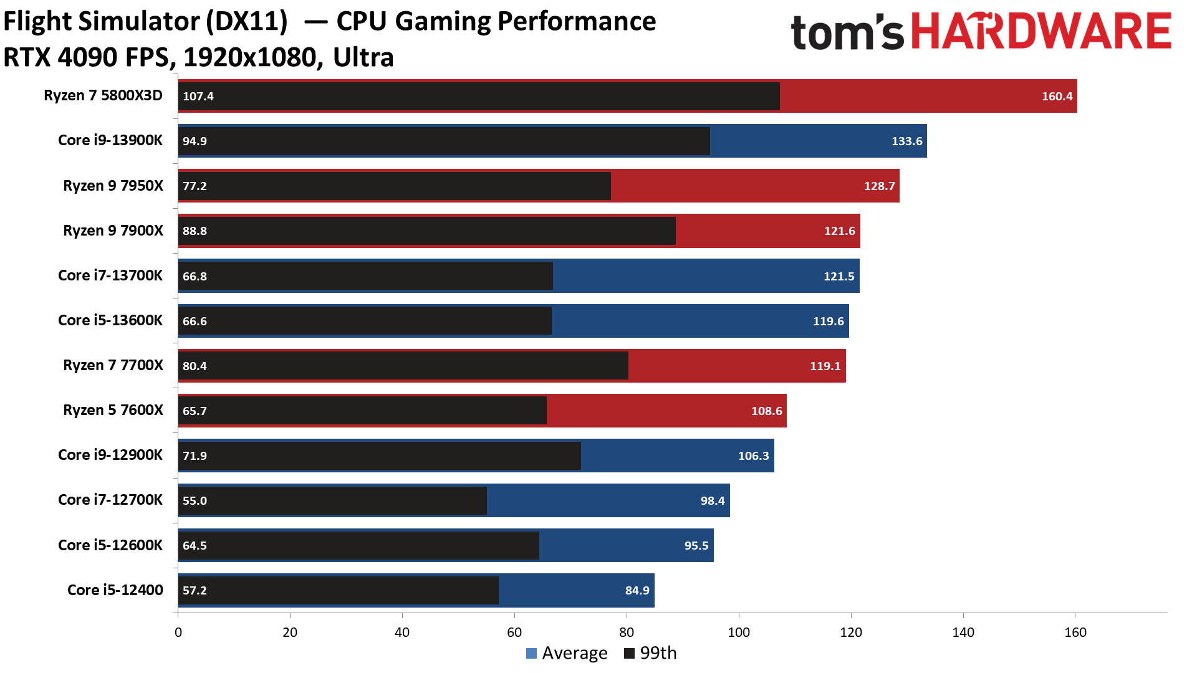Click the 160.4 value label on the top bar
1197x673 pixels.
[1057, 96]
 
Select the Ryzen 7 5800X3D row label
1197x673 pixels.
[103, 95]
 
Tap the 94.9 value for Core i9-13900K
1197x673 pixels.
[195, 141]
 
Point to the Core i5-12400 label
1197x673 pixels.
[115, 590]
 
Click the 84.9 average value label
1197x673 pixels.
[637, 590]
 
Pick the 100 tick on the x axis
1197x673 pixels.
[739, 632]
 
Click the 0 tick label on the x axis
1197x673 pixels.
[178, 632]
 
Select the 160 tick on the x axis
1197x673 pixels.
[1075, 632]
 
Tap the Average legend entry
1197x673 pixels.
[567, 653]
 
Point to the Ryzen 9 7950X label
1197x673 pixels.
[113, 186]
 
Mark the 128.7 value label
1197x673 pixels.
[879, 186]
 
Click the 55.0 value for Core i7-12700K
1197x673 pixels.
[195, 500]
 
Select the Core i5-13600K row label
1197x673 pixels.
[110, 320]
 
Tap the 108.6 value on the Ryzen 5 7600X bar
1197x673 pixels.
[766, 411]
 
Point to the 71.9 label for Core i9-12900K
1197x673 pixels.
[195, 456]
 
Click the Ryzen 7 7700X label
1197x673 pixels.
[113, 365]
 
